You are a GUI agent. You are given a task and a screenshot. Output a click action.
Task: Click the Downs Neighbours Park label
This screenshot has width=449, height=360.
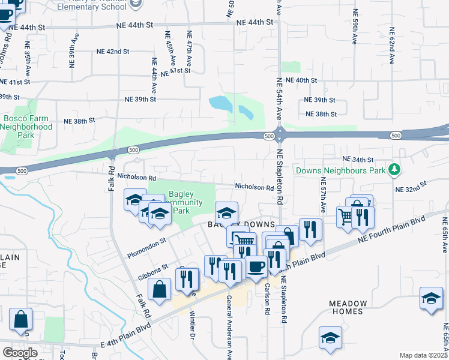pos(340,170)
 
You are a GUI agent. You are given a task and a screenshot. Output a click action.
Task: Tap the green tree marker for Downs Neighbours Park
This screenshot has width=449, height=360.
pos(394,170)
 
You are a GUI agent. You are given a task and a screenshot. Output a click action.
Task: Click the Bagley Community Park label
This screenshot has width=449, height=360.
pos(181,202)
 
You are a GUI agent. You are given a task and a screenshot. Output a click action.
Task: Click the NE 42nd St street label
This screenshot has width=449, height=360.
pos(113,52)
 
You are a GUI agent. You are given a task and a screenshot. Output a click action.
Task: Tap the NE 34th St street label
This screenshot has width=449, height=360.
pos(358,159)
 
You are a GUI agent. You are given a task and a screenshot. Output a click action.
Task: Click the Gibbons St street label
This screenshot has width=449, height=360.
pos(150,273)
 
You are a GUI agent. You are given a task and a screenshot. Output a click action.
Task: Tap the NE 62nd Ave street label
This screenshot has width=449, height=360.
pos(391,46)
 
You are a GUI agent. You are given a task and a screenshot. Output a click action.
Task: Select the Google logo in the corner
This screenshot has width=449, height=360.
pos(20,352)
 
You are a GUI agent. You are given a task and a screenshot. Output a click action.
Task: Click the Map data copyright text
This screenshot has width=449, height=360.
pos(424,355)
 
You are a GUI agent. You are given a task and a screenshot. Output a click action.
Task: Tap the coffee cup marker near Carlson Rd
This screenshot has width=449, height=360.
pos(256,266)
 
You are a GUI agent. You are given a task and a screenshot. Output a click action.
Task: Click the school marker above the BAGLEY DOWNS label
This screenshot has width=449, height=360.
pos(226,212)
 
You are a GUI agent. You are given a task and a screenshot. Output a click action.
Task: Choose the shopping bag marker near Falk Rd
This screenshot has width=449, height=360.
pos(160,289)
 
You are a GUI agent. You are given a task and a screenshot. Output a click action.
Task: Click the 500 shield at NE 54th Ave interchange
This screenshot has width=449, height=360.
pos(268,137)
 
